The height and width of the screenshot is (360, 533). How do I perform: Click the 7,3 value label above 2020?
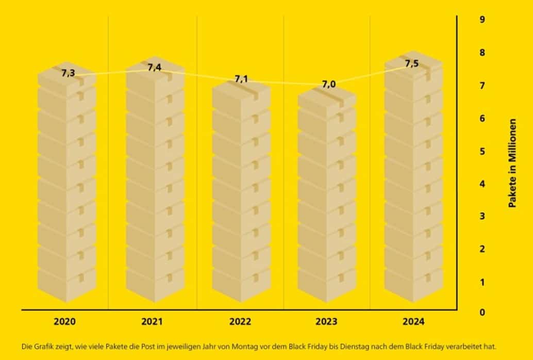coord(68,73)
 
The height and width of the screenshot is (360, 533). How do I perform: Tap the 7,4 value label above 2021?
coord(154,67)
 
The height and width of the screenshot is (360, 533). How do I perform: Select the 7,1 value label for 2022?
coord(241,79)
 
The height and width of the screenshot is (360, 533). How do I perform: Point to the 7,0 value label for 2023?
coord(328,85)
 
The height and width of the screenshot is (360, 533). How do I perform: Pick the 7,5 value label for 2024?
coord(412,64)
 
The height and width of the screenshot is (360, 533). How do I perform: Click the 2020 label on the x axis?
coord(65,322)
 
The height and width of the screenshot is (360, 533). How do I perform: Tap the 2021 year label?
coord(152,322)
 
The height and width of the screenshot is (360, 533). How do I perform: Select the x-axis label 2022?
coord(240,322)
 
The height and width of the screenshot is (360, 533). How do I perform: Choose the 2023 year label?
coord(326,322)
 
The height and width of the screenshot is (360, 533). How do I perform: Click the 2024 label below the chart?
coord(413,322)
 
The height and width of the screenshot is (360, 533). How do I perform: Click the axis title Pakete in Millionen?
coord(512,164)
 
